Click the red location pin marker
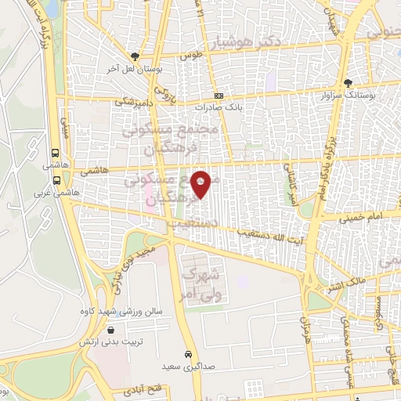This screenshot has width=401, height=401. pyautogui.click(x=201, y=183)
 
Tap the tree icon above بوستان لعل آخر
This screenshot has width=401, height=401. pyautogui.click(x=135, y=56)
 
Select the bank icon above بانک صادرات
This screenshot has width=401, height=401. pyautogui.click(x=219, y=94)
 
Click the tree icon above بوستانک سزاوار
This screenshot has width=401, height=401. pyautogui.click(x=348, y=82)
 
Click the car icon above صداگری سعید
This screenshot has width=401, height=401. pyautogui.click(x=187, y=353)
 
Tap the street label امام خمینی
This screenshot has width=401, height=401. pyautogui.click(x=361, y=218)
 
